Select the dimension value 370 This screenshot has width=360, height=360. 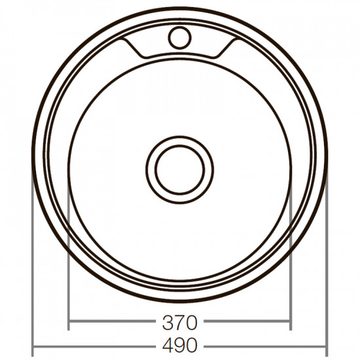[179, 323]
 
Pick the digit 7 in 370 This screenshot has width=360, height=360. [178, 323]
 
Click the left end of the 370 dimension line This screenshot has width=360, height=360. [69, 322]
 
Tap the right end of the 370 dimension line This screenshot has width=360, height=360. [289, 322]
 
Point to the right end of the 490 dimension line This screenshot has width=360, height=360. [325, 346]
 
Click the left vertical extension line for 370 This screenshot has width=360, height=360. [69, 262]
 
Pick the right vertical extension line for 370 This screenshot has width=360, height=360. [289, 262]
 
